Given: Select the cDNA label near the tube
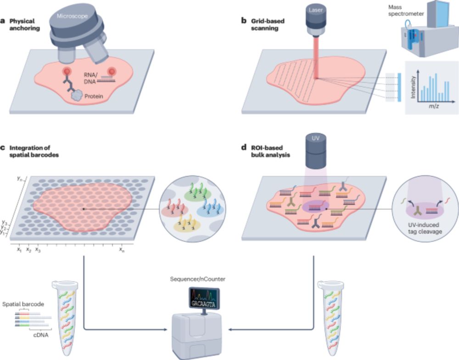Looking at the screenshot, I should (x=39, y=334).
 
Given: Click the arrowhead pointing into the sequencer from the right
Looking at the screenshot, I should (x=230, y=329).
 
